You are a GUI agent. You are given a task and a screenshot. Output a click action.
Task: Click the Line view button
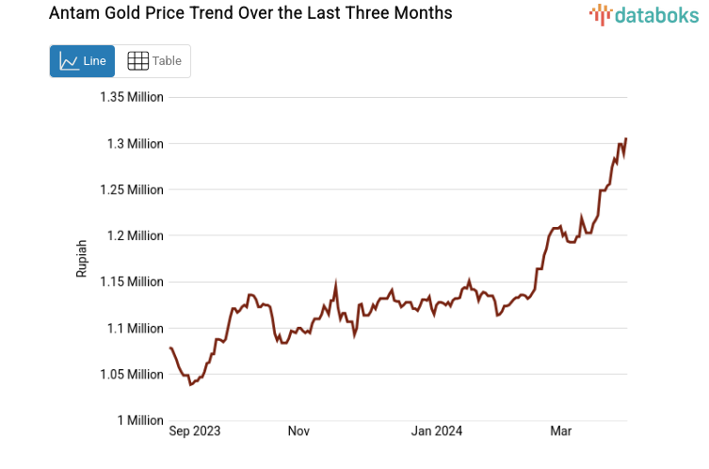pyautogui.click(x=82, y=61)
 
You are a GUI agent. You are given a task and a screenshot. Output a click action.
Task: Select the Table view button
pyautogui.click(x=154, y=61)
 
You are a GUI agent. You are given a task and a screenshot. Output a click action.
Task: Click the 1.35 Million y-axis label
pyautogui.click(x=132, y=97)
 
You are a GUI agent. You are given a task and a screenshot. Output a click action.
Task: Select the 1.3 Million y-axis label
pyautogui.click(x=136, y=143)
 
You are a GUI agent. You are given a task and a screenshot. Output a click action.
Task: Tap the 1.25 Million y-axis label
pyautogui.click(x=132, y=189)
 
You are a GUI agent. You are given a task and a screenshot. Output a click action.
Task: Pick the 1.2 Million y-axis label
pyautogui.click(x=136, y=235)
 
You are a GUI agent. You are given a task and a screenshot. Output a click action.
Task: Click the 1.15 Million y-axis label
pyautogui.click(x=132, y=282)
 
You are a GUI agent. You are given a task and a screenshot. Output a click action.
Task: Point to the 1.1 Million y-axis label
pyautogui.click(x=136, y=328)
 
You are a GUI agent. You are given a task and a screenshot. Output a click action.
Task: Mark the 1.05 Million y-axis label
pyautogui.click(x=132, y=374)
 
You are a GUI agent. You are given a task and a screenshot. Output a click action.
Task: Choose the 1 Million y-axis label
pyautogui.click(x=140, y=420)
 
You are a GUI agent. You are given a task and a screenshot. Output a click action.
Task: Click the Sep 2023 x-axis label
pyautogui.click(x=195, y=431)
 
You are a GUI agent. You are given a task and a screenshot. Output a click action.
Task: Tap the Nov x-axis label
pyautogui.click(x=298, y=431)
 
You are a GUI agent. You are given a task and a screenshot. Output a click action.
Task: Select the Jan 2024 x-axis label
pyautogui.click(x=437, y=431)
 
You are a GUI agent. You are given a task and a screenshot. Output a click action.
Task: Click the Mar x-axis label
pyautogui.click(x=560, y=431)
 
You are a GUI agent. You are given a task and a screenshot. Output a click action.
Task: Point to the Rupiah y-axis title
pyautogui.click(x=82, y=258)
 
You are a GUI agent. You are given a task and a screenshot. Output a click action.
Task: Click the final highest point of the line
pyautogui.click(x=626, y=139)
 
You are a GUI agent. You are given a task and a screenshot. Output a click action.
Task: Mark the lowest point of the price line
pyautogui.click(x=190, y=384)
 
